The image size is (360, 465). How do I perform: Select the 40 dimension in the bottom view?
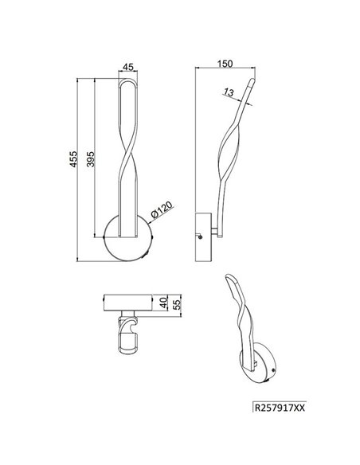coord(163,303)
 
